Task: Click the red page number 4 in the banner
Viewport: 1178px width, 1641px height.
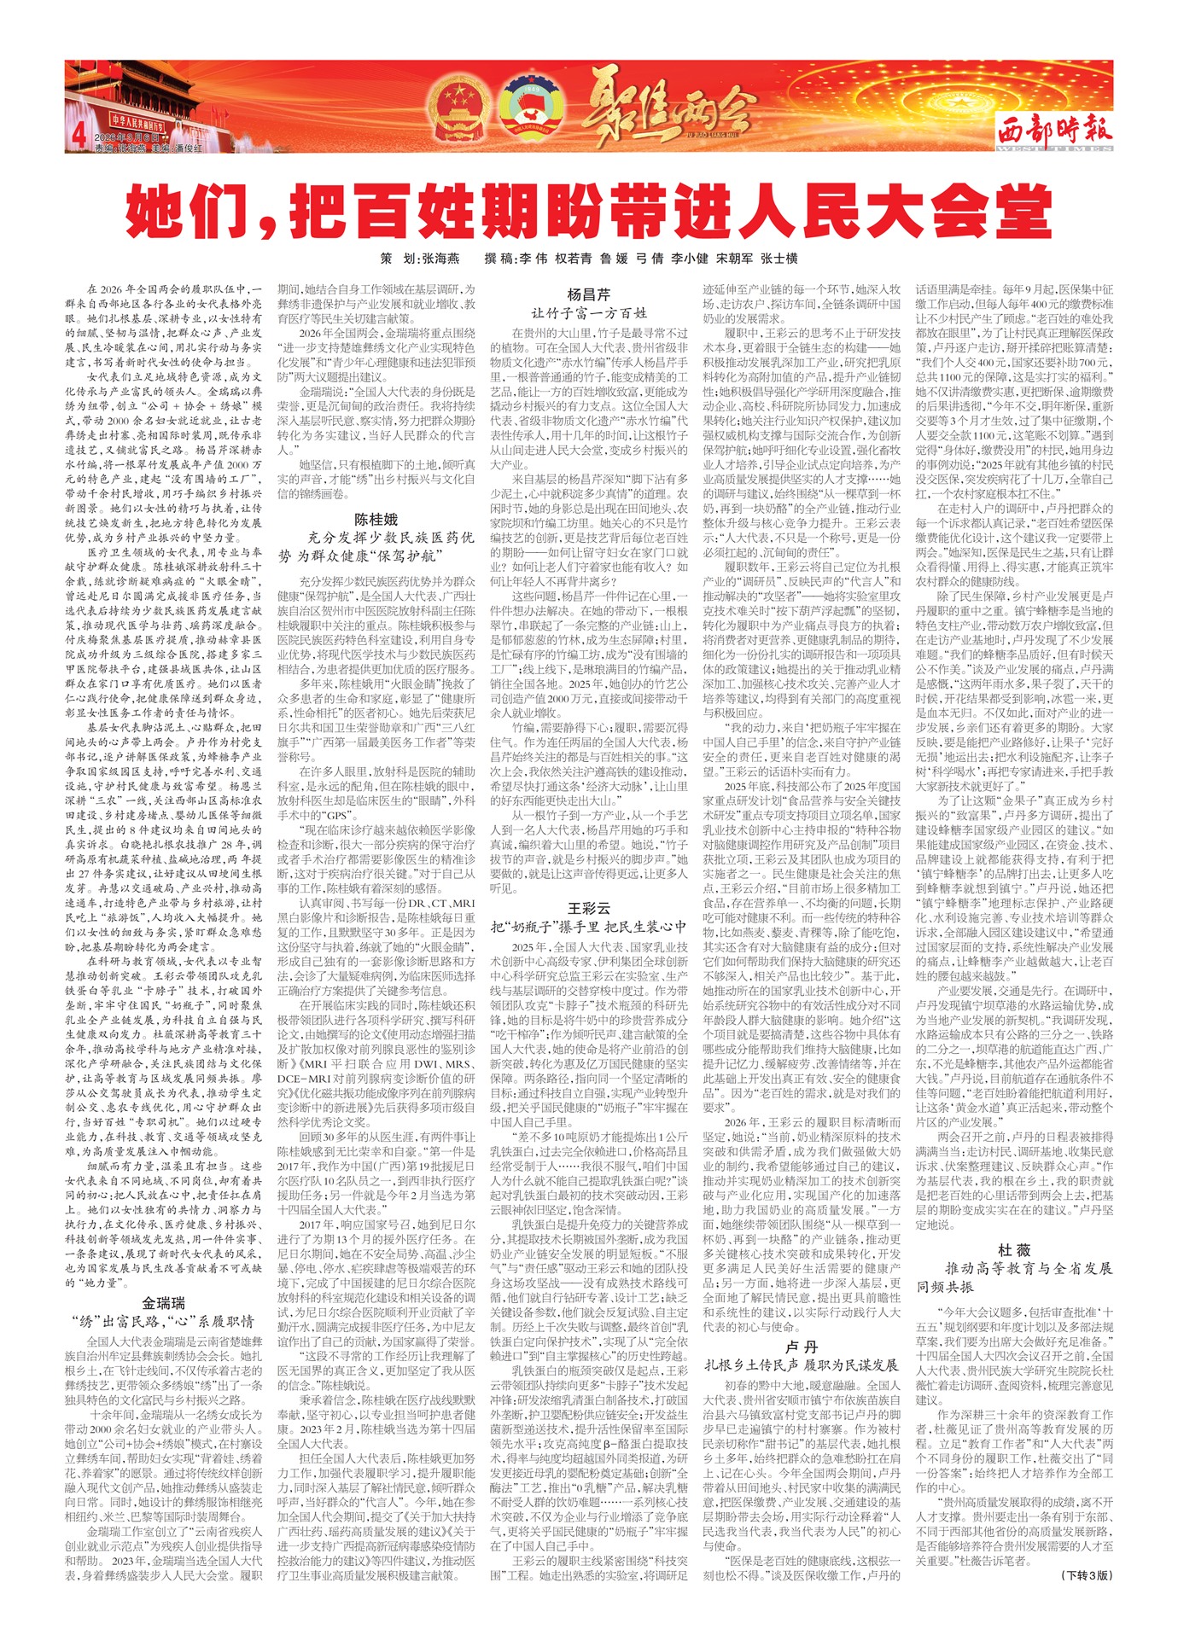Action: [x=79, y=134]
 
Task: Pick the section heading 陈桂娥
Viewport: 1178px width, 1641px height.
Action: [x=376, y=519]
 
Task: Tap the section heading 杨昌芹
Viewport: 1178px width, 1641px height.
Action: [x=589, y=294]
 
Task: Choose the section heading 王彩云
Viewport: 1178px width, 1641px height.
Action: [x=589, y=907]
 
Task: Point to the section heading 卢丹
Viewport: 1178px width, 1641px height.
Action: [x=801, y=1346]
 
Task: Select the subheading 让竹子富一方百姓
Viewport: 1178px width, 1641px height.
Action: [x=589, y=313]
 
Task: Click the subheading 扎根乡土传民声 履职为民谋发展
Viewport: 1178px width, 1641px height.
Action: [x=801, y=1365]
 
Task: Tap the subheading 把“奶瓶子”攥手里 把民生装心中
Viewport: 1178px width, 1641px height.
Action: [x=589, y=926]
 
